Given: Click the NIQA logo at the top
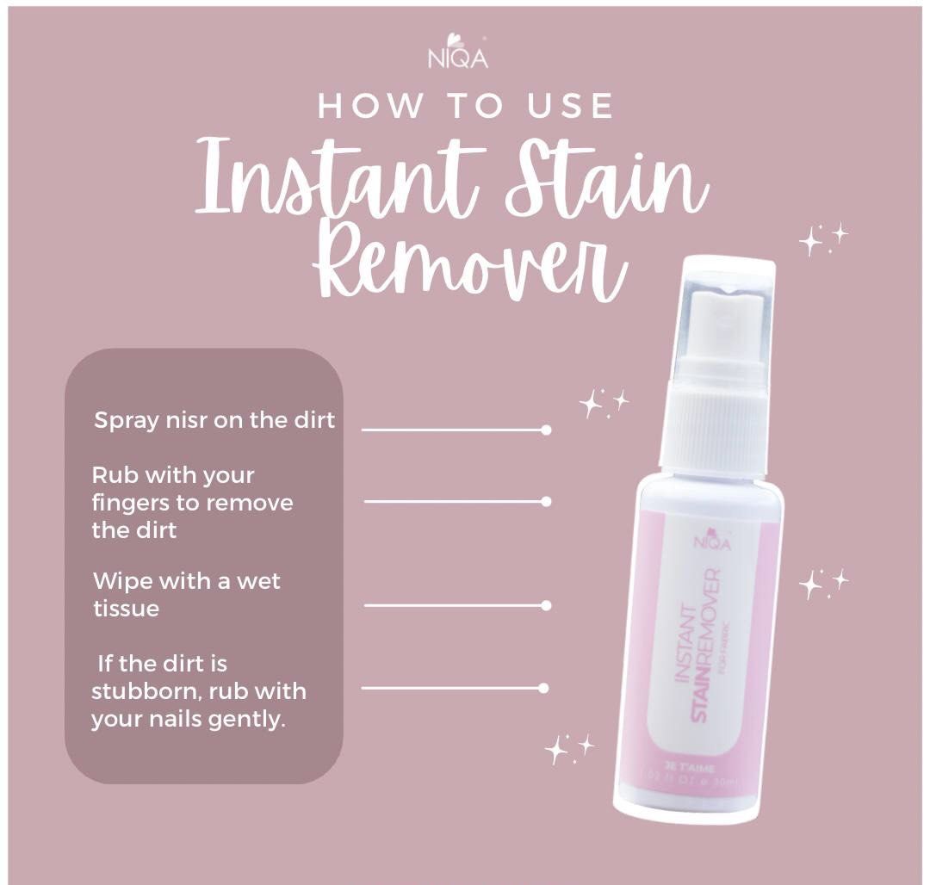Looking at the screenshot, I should point(457,53).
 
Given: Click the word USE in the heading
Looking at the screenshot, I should point(571,107).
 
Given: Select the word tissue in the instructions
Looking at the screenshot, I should point(126,609).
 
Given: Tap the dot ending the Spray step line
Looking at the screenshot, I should point(546,430).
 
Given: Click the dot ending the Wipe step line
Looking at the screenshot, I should point(546,605).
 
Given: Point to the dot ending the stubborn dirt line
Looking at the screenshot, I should point(543,688).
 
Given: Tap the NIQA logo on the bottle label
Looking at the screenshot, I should point(712,541).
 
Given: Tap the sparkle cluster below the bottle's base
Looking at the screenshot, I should point(568,748).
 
